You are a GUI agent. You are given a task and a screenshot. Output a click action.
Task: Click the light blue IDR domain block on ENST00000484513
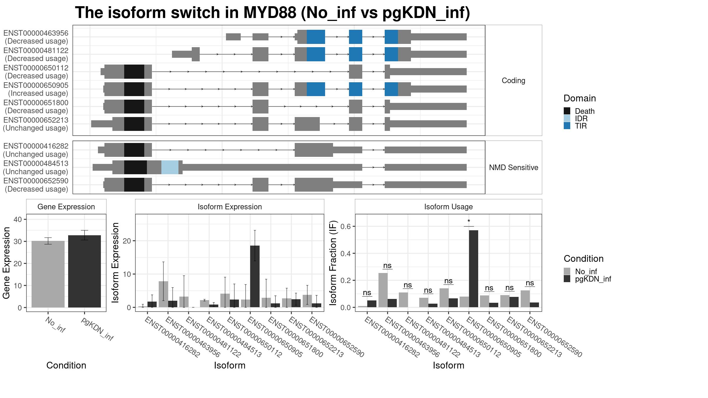pyautogui.click(x=170, y=167)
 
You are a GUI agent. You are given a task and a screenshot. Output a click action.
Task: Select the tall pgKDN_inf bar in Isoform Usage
pyautogui.click(x=473, y=269)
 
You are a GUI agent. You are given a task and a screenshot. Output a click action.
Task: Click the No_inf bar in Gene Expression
pyautogui.click(x=48, y=274)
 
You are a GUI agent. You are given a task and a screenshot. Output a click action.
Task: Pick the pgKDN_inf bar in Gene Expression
pyautogui.click(x=84, y=271)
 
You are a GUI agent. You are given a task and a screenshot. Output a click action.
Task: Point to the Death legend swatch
pyautogui.click(x=567, y=111)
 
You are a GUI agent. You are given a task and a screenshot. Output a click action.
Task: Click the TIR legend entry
pyautogui.click(x=575, y=126)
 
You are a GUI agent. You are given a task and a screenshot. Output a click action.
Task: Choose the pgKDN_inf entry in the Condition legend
pyautogui.click(x=587, y=279)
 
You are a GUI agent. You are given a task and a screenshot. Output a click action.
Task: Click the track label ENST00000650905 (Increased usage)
pyautogui.click(x=36, y=89)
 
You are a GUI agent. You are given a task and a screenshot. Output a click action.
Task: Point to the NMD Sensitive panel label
pyautogui.click(x=514, y=167)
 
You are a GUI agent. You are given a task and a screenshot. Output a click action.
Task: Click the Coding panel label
pyautogui.click(x=514, y=80)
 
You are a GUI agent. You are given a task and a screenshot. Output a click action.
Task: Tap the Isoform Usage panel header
pyautogui.click(x=448, y=207)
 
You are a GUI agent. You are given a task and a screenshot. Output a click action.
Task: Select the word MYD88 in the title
pyautogui.click(x=270, y=13)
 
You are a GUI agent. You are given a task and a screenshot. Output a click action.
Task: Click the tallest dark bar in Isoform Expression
pyautogui.click(x=255, y=277)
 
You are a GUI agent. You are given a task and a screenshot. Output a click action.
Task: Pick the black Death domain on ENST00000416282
pyautogui.click(x=134, y=150)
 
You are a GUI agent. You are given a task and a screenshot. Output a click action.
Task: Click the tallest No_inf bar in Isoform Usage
pyautogui.click(x=383, y=290)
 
